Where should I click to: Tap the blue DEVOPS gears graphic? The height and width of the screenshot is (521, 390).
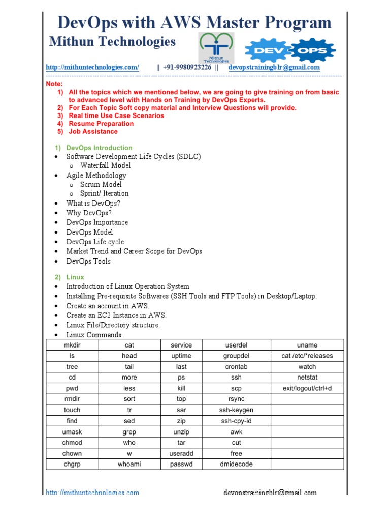(x=290, y=50)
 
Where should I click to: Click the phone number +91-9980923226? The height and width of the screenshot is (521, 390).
(x=187, y=67)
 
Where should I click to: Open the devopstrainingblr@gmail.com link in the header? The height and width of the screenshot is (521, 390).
(x=274, y=67)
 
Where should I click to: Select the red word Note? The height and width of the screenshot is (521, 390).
(x=54, y=84)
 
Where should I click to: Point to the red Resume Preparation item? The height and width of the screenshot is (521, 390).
(x=101, y=124)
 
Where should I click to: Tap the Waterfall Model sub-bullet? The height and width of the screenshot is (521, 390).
(x=105, y=165)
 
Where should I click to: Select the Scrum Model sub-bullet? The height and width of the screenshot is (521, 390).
(x=101, y=184)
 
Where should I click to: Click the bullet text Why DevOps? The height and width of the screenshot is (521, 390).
(x=89, y=213)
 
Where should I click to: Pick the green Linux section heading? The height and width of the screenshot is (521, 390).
(x=75, y=277)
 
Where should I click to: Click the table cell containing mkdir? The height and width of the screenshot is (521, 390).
(x=72, y=345)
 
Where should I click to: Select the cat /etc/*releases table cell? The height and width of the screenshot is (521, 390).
(x=307, y=356)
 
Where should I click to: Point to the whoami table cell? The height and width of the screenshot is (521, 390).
(x=129, y=464)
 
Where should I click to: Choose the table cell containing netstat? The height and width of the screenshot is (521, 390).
(x=307, y=378)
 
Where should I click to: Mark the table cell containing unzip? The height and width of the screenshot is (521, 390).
(x=181, y=431)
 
